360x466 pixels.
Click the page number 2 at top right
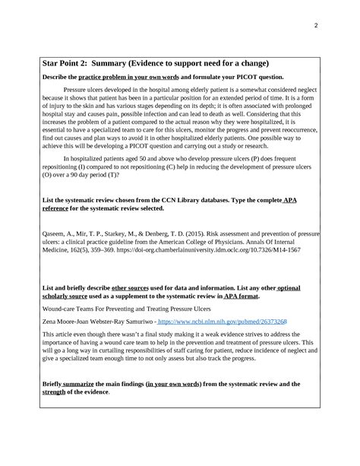click(x=314, y=24)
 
